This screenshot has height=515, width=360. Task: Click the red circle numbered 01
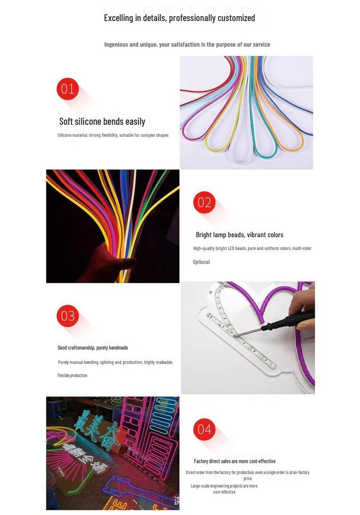tap(68, 89)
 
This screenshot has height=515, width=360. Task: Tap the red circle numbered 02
tap(204, 202)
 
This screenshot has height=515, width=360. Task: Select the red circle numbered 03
tap(68, 316)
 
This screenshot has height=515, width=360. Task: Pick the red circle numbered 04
tap(204, 430)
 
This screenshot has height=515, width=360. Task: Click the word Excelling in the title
tap(119, 18)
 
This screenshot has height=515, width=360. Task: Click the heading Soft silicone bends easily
tap(102, 122)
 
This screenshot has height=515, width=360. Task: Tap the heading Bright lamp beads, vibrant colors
tap(239, 235)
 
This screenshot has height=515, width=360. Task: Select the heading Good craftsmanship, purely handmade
tap(93, 348)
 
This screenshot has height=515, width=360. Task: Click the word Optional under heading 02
tap(201, 262)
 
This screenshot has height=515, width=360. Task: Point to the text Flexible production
tap(72, 375)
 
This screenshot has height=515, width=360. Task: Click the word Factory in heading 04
tap(201, 462)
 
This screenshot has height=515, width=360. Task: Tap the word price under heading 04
tap(248, 479)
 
